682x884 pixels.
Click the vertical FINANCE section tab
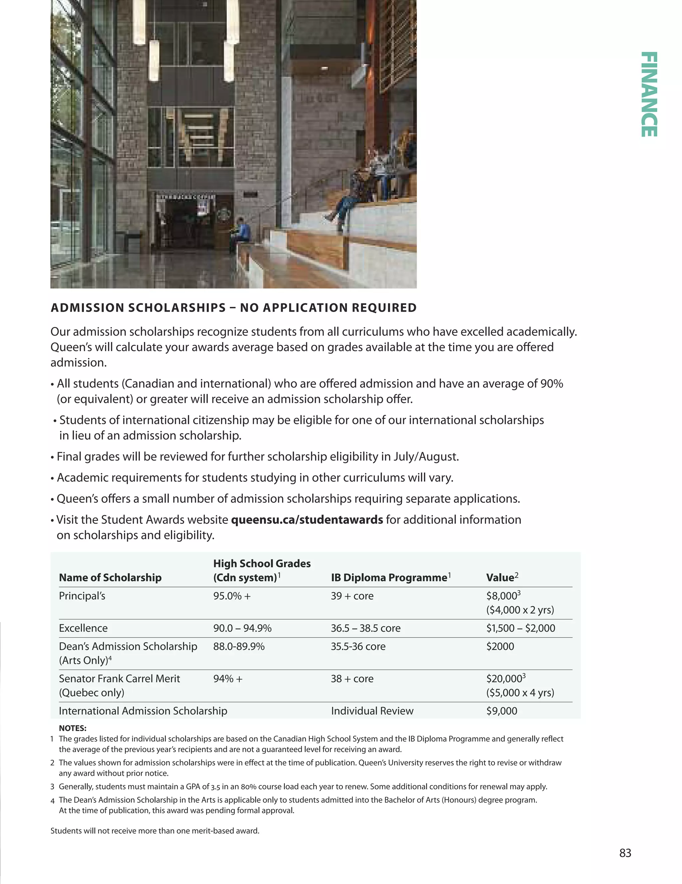click(x=649, y=94)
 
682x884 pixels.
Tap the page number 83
click(x=625, y=853)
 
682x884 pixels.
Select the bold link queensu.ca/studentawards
click(x=307, y=519)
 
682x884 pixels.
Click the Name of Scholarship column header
click(x=110, y=577)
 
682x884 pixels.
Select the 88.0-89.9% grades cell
click(x=239, y=646)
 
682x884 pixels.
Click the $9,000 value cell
click(x=502, y=711)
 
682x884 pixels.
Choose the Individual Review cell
click(x=372, y=711)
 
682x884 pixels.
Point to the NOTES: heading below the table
click(x=73, y=728)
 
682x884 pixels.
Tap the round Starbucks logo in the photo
click(x=222, y=213)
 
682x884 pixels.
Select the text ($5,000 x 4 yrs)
click(x=520, y=693)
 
